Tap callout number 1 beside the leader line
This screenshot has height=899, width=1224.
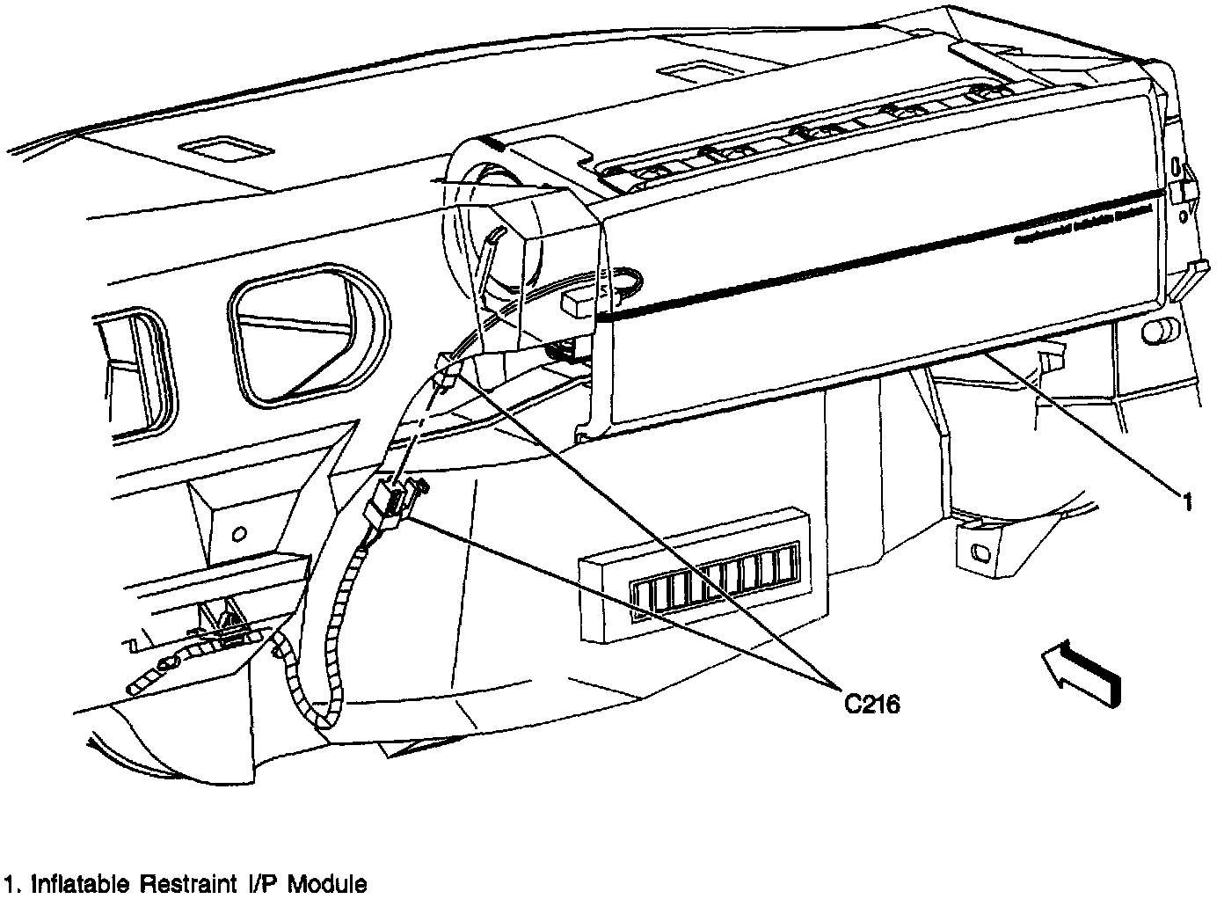tap(1186, 502)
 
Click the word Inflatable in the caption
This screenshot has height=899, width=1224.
tap(83, 883)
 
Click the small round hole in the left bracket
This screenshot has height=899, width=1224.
tap(238, 534)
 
